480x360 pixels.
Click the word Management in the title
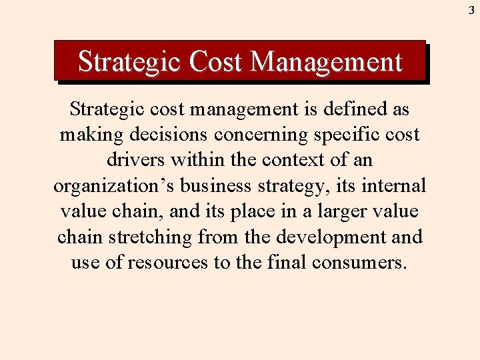(327, 62)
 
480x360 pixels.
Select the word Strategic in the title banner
(129, 62)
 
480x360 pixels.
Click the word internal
(396, 185)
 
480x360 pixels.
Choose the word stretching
(151, 237)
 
